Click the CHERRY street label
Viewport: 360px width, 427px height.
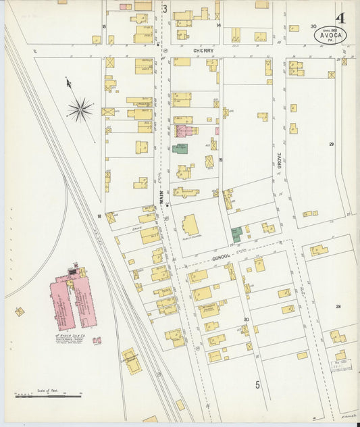(x=203, y=51)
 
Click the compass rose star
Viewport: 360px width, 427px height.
(x=80, y=109)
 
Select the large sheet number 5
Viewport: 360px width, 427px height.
(x=257, y=385)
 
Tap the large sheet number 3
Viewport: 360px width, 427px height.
(x=164, y=9)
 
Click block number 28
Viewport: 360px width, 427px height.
(x=338, y=306)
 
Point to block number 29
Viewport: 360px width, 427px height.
(x=332, y=145)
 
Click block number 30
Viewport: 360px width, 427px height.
(x=313, y=26)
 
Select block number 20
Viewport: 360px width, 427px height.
(x=247, y=319)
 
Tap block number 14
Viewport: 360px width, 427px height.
(x=218, y=25)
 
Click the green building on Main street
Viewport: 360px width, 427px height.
(x=180, y=148)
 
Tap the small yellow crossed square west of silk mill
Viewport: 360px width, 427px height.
(x=20, y=311)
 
